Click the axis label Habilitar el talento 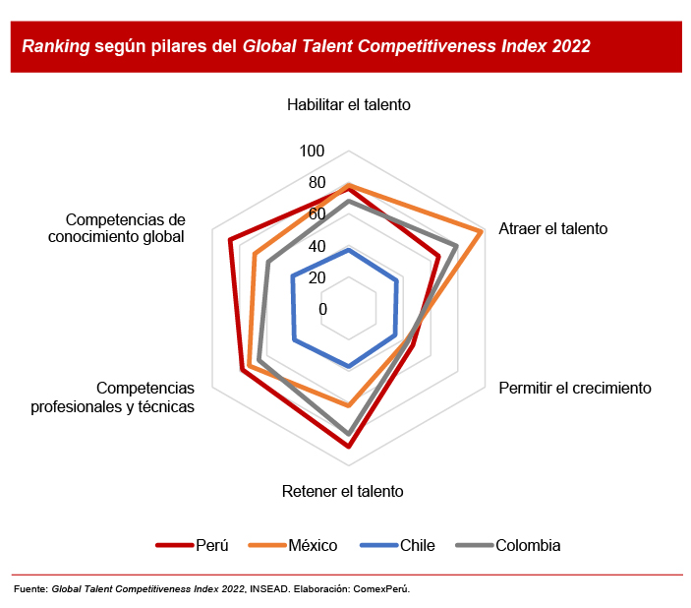point(349,105)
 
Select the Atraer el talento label point(553,228)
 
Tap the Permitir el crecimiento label point(575,389)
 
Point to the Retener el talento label point(342,491)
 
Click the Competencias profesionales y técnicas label point(112,397)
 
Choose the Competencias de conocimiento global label point(116,228)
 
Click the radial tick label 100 point(312,151)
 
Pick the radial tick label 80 point(317,183)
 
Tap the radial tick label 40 point(317,246)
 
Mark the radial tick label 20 point(317,277)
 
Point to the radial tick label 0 point(323,309)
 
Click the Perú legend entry point(192,545)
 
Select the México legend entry point(293,545)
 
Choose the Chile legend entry point(397,545)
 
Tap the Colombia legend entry point(508,545)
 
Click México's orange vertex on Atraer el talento point(482,231)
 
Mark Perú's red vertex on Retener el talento point(349,447)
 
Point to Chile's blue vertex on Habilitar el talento point(349,250)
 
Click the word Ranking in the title point(56,46)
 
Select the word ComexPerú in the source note point(381,589)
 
